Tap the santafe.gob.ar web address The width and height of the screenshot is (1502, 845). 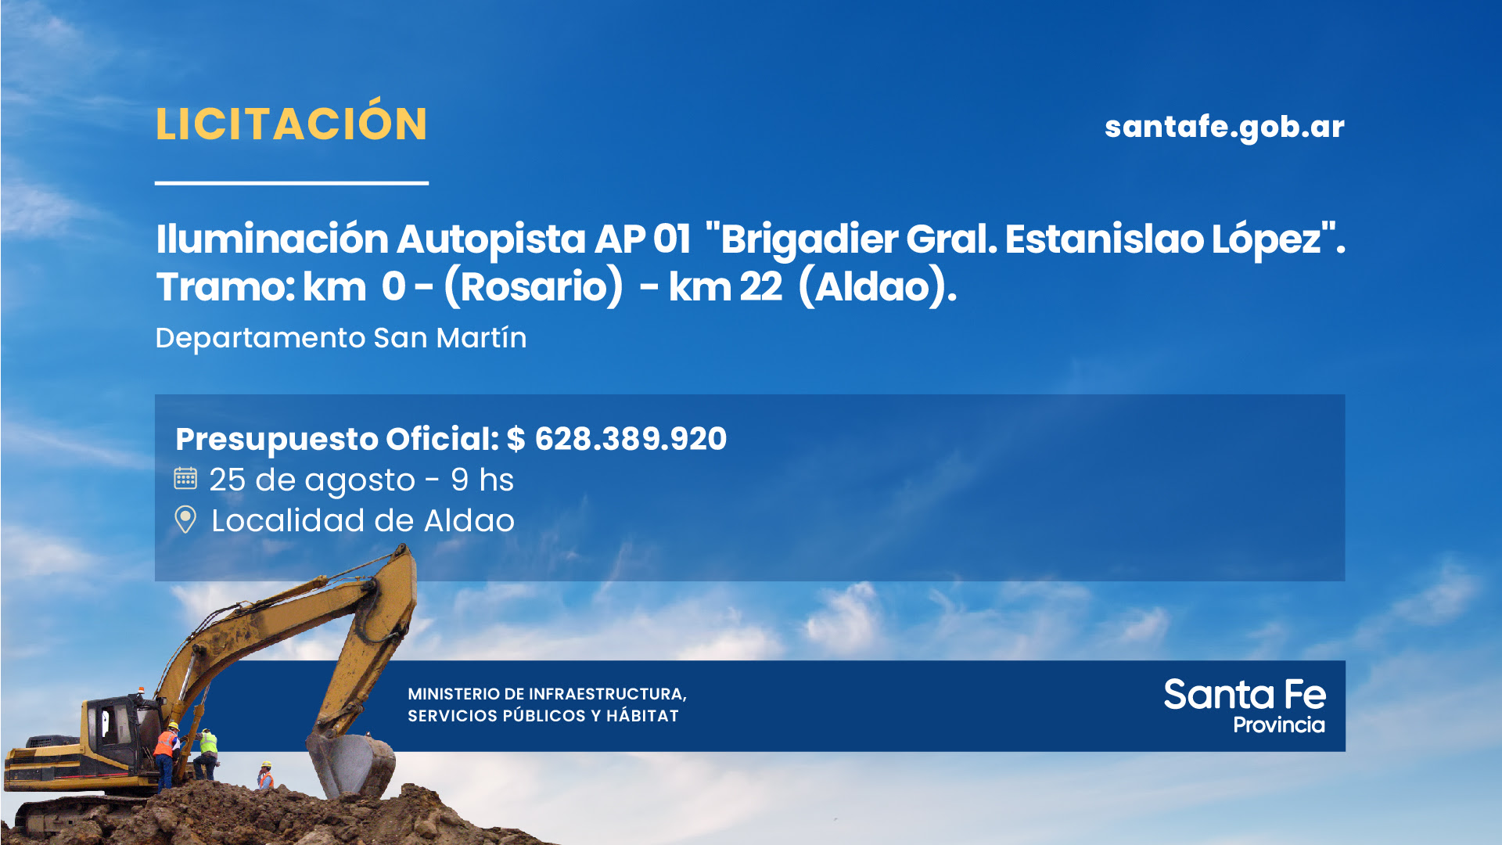click(1224, 127)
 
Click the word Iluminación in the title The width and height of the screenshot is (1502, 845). click(272, 239)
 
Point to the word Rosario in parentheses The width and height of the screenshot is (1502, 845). click(534, 286)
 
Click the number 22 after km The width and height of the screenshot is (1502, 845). click(760, 286)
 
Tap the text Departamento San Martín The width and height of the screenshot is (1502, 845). click(341, 338)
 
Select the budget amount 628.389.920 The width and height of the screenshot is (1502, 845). click(631, 439)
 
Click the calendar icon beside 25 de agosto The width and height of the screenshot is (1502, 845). click(185, 478)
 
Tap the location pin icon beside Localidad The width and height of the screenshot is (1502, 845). click(185, 519)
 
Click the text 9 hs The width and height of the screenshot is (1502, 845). click(482, 480)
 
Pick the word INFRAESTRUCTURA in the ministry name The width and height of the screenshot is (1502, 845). click(607, 694)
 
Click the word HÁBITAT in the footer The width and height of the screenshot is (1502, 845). click(642, 716)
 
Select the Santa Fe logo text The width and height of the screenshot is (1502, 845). click(1245, 695)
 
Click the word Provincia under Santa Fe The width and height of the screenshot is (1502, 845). click(1279, 725)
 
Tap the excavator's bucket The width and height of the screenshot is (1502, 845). click(352, 763)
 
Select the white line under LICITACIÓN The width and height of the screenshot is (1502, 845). click(292, 183)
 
